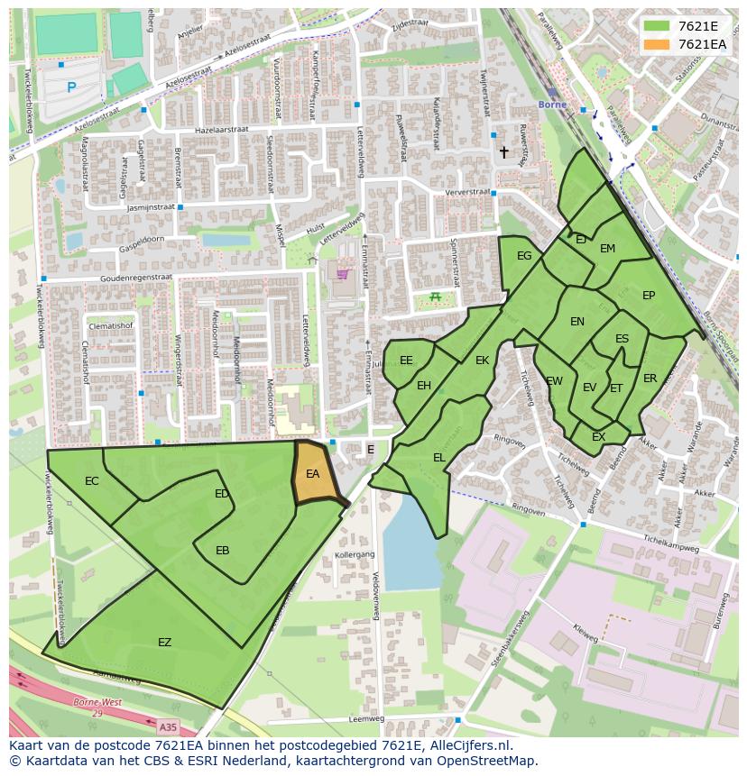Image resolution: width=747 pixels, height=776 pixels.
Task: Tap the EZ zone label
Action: tap(164, 643)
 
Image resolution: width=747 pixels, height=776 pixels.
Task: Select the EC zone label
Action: tap(92, 481)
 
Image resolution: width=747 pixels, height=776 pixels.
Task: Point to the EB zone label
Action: tap(222, 551)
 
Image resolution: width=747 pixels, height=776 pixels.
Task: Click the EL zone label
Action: tap(439, 458)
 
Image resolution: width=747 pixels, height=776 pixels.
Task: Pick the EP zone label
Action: tap(649, 296)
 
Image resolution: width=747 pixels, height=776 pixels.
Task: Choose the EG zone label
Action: tap(524, 256)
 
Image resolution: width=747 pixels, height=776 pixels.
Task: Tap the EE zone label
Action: tap(406, 361)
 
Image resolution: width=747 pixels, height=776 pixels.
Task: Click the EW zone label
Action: tap(554, 381)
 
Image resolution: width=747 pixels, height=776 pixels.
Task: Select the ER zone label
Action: tap(650, 379)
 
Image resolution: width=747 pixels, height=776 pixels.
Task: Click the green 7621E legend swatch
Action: tap(657, 26)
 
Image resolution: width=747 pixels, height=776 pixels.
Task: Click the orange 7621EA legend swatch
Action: tap(657, 44)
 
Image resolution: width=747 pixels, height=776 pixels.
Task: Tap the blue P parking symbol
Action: tap(71, 87)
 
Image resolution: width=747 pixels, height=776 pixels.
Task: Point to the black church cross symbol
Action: tap(504, 152)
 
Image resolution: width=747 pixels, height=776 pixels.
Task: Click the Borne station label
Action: tap(551, 105)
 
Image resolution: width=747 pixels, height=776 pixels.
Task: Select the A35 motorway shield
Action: tap(168, 726)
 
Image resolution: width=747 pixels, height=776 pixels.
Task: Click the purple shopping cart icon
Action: tap(342, 273)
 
